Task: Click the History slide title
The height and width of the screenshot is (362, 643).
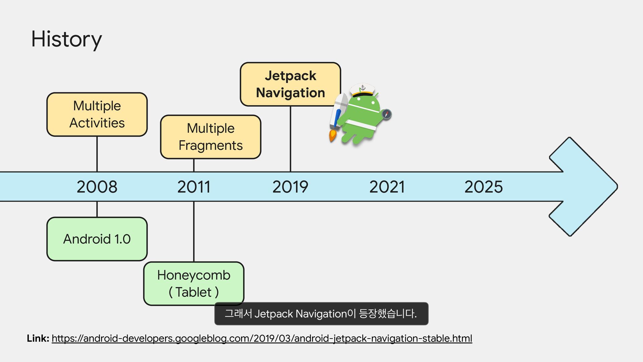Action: click(x=66, y=39)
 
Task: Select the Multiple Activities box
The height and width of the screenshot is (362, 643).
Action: click(x=97, y=114)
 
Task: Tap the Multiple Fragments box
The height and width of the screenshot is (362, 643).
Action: click(x=210, y=137)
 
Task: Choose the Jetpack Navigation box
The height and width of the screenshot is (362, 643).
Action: click(x=290, y=84)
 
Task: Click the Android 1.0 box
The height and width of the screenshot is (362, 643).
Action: click(x=97, y=239)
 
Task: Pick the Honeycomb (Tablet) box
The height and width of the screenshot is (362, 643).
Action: click(x=194, y=283)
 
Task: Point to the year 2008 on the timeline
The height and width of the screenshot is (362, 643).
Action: click(x=97, y=187)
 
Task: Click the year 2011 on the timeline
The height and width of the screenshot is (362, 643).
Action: click(x=194, y=187)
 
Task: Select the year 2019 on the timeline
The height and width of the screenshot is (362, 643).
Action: click(x=290, y=187)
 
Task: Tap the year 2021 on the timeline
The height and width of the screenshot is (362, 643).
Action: click(x=387, y=187)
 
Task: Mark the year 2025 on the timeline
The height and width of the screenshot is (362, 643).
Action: click(x=483, y=187)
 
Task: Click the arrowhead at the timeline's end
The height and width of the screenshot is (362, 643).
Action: click(x=584, y=187)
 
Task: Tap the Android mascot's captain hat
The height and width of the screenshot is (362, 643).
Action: click(x=362, y=89)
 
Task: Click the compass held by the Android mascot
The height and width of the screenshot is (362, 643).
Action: click(x=386, y=114)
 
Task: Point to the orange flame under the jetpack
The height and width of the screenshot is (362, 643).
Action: click(x=333, y=135)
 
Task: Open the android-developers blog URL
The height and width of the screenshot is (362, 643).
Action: click(x=262, y=339)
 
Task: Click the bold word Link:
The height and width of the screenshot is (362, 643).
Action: click(x=38, y=339)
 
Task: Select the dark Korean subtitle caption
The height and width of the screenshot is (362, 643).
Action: click(x=321, y=314)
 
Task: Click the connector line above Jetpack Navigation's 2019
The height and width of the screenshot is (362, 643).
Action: click(x=290, y=139)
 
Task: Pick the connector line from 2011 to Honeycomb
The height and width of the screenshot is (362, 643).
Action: click(x=194, y=231)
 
